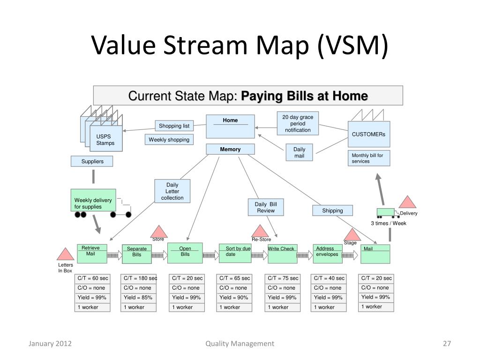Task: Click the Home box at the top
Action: [x=230, y=126]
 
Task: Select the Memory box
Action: [x=230, y=150]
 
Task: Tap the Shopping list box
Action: [x=174, y=126]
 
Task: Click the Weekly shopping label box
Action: [x=169, y=140]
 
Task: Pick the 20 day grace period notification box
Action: [x=298, y=123]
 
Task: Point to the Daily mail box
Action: [x=299, y=153]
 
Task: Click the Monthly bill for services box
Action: [x=370, y=158]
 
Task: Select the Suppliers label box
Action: [x=93, y=162]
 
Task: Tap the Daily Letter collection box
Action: [x=172, y=191]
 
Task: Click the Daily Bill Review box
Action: [x=266, y=208]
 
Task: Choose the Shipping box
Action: [x=332, y=210]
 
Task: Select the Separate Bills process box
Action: [x=136, y=254]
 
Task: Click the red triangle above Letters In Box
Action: [x=65, y=255]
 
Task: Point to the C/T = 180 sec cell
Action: [x=139, y=278]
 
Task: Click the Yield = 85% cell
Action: [x=139, y=298]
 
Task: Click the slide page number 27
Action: [x=447, y=344]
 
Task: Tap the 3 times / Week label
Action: [x=389, y=223]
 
